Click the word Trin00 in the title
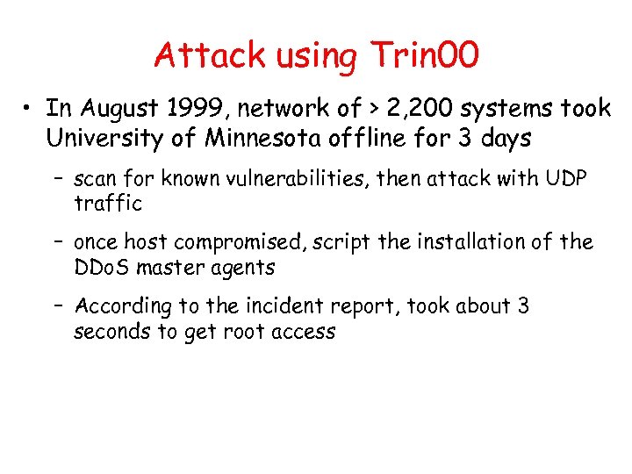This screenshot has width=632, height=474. coord(425,55)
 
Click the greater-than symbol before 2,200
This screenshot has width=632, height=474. coord(350,110)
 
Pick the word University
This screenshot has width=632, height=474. coord(97,139)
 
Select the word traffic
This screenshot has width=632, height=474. coord(108,204)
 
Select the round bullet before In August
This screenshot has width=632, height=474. coord(29,110)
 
